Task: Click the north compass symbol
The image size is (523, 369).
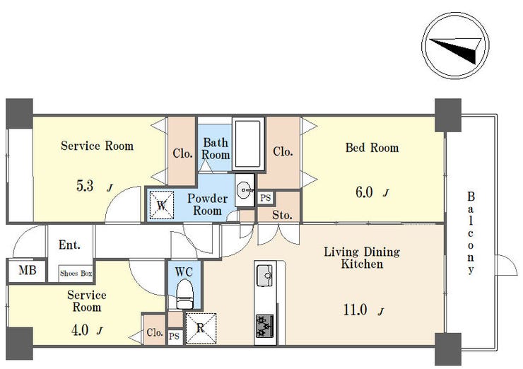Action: click(456, 45)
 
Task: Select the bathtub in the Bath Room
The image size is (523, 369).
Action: click(248, 143)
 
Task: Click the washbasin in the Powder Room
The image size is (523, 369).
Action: click(245, 190)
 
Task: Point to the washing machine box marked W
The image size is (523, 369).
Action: click(161, 205)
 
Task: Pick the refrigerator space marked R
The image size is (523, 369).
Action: click(201, 328)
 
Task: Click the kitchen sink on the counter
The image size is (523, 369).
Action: click(264, 276)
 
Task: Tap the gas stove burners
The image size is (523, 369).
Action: click(265, 326)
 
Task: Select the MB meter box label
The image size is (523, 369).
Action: click(28, 269)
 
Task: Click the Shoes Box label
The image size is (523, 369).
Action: click(76, 274)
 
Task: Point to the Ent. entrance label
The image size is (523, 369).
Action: click(69, 245)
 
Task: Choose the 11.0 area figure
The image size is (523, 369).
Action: click(355, 310)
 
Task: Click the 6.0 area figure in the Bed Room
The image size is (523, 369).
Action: click(364, 192)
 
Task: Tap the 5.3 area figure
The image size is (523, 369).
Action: click(85, 186)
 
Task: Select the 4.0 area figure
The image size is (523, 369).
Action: click(80, 330)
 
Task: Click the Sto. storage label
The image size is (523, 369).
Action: click(282, 215)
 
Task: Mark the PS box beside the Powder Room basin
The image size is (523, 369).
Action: click(266, 198)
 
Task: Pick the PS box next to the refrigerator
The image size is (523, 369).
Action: click(174, 336)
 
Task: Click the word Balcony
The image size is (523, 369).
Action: click(471, 233)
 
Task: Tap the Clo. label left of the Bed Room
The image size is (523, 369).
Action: click(283, 151)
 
